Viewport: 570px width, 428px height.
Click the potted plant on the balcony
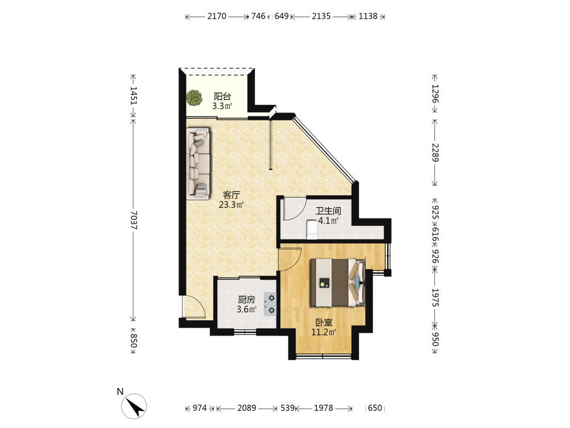coord(194,98)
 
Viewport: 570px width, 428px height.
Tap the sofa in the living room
coord(198,163)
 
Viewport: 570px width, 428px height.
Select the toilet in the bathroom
coord(312,229)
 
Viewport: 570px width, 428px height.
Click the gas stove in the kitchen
coord(270,304)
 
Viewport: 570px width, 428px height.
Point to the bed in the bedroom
coord(337,282)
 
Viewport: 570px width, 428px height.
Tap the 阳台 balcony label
coord(222,96)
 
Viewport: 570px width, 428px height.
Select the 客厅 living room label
coord(231,195)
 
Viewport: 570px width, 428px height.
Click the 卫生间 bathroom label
coord(328,211)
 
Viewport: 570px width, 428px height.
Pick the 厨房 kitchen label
coord(246,300)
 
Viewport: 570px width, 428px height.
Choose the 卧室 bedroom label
coord(324,322)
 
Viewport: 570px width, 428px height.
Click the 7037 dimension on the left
coord(133,220)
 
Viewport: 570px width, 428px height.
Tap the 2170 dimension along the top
coord(217,16)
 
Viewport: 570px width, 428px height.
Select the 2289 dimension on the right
coord(435,153)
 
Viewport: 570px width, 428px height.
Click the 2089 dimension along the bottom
coord(246,408)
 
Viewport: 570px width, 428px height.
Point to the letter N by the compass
coord(120,391)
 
